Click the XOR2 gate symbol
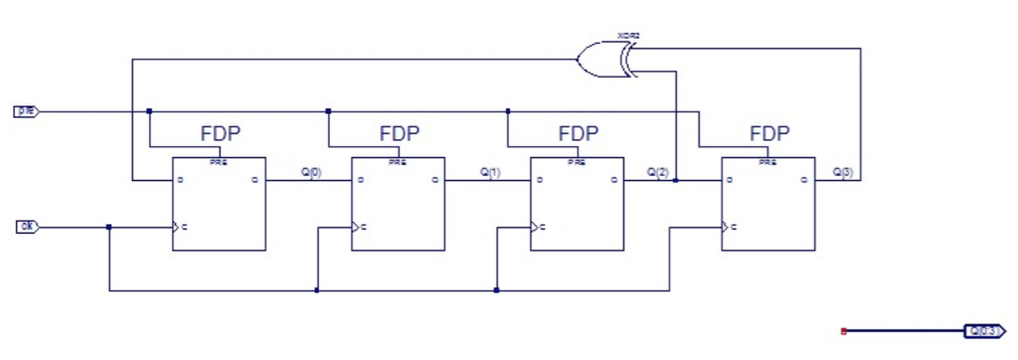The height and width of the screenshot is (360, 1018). pos(606,59)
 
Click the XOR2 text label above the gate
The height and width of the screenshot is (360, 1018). pos(628,36)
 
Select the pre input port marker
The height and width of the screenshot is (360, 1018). pos(26,110)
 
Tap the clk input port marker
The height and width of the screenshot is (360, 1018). pos(28,227)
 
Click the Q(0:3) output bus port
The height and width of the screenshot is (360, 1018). pos(984,330)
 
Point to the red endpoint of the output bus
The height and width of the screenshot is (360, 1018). pos(843,330)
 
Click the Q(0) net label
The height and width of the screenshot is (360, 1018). pos(311,172)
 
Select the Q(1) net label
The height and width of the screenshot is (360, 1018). pos(490,172)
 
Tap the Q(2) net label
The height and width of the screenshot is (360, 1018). pos(658,172)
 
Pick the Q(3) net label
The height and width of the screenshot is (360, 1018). pos(842,172)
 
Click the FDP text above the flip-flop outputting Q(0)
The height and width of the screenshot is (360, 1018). pos(221,133)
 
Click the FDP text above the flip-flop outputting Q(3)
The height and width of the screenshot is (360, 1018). pos(769,133)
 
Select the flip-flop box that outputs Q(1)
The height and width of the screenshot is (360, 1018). pos(398,204)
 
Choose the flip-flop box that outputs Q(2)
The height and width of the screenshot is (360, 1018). pos(577,204)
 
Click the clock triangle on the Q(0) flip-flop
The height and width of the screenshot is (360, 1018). pos(177,228)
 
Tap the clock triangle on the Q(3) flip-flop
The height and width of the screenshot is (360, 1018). pos(727,228)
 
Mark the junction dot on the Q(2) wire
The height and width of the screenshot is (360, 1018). pos(675,181)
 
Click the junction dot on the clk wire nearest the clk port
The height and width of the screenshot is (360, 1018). pos(108,227)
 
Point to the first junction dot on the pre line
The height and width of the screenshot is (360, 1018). pos(149,110)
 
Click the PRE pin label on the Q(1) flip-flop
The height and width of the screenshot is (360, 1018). pos(398,161)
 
